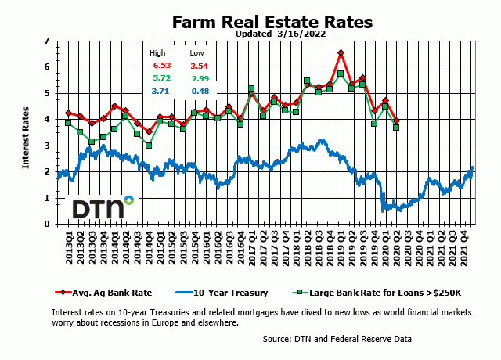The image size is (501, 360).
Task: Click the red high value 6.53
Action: point(161,66)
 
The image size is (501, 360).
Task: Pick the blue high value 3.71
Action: point(161,92)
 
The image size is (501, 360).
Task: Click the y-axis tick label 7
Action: point(48,41)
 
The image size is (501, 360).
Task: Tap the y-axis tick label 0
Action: point(48,225)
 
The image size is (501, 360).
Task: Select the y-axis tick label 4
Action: point(48,120)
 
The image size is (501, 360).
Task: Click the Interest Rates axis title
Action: point(26,132)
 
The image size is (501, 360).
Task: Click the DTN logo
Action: point(102,209)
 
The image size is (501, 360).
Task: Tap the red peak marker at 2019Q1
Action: point(341,53)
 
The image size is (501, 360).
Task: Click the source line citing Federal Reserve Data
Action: point(337,339)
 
